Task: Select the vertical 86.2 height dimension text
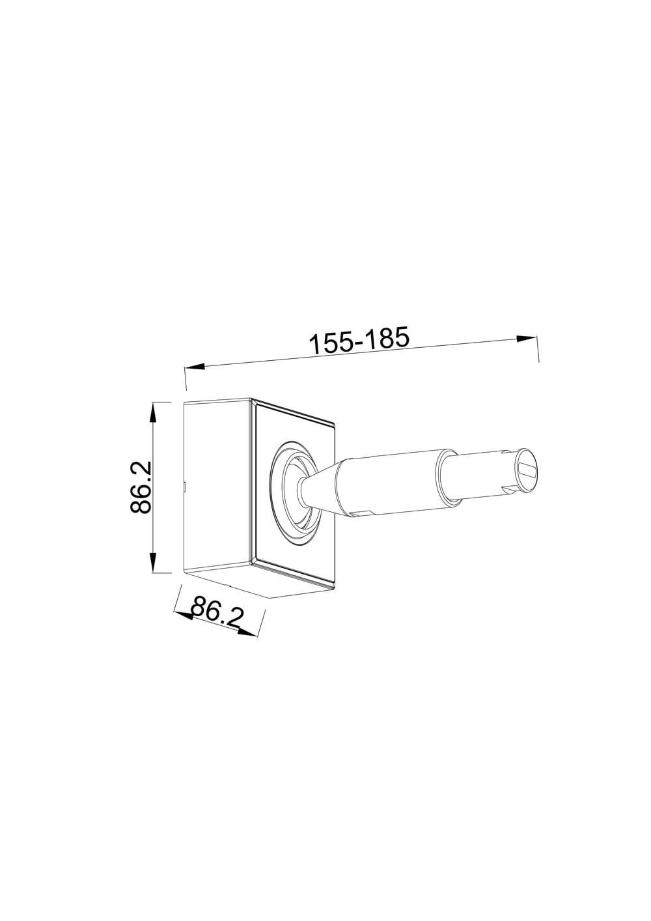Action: pyautogui.click(x=141, y=487)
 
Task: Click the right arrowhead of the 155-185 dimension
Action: pyautogui.click(x=526, y=338)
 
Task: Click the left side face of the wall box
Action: pyautogui.click(x=217, y=485)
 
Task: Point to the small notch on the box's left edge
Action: pyautogui.click(x=185, y=484)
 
